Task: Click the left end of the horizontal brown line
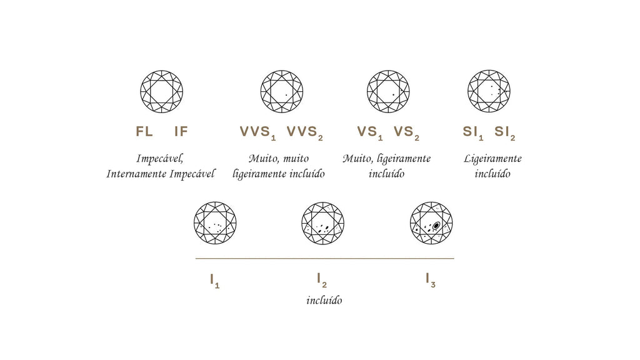[196, 258]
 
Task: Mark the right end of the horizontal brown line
[454, 258]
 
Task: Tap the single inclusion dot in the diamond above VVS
[286, 95]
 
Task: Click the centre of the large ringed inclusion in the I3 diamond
[436, 225]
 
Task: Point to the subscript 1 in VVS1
[273, 138]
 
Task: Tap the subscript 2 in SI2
[512, 138]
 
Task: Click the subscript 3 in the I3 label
[432, 284]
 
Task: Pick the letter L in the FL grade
[149, 131]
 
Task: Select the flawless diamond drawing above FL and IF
[162, 91]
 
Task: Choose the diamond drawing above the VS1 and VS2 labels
[388, 91]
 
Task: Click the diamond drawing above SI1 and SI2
[489, 91]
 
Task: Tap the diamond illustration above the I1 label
[215, 223]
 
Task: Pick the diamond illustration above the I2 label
[323, 223]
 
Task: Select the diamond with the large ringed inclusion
[431, 223]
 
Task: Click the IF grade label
[181, 131]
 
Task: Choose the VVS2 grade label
[304, 132]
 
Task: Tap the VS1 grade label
[370, 132]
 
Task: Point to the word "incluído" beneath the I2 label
[324, 301]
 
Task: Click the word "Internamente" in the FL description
[136, 174]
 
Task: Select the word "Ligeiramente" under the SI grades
[492, 159]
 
